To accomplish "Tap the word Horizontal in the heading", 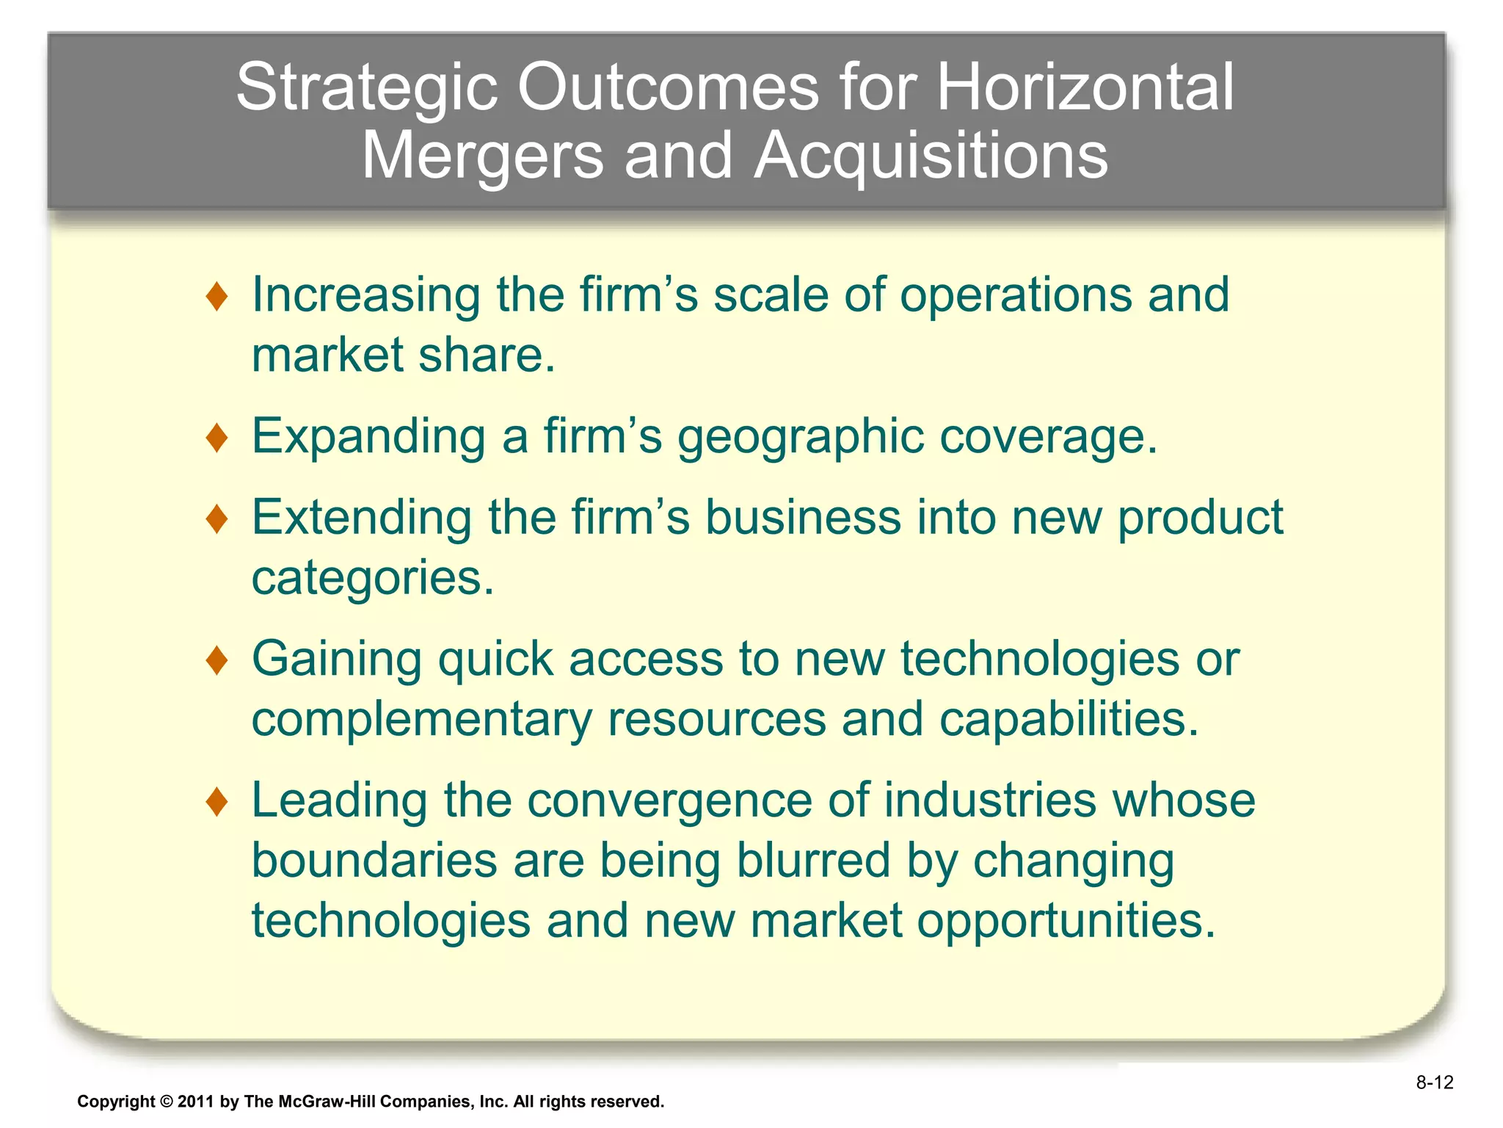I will (1085, 87).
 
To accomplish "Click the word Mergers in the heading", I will (482, 157).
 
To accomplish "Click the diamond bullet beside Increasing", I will (217, 297).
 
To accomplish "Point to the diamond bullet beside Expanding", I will (217, 438).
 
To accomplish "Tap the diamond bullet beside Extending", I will (217, 519).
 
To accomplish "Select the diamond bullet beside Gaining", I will (217, 660).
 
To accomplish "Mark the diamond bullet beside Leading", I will (217, 801).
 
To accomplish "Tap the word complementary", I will (421, 720).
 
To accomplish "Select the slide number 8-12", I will (1434, 1082).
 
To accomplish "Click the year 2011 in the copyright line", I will (195, 1102).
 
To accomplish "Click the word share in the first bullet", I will (487, 356).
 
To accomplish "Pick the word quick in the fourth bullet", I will (495, 659).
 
